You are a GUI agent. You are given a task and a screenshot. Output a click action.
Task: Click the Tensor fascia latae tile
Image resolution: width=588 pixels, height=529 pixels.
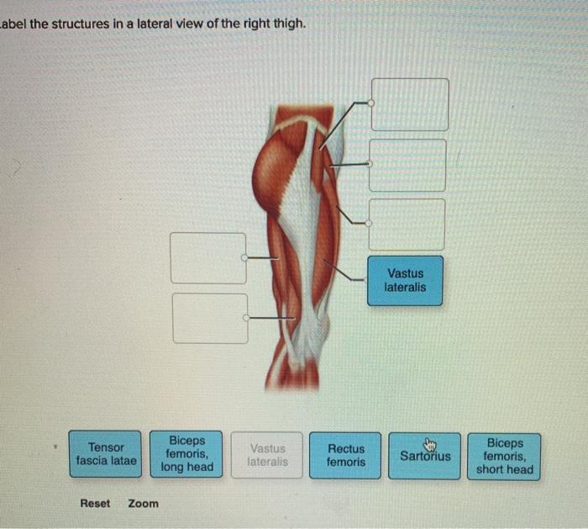coord(105,454)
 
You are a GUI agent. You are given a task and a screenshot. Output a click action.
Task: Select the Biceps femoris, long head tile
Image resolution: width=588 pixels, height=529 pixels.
coord(186,454)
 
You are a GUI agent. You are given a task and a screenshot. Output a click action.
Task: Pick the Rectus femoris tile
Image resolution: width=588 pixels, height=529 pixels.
coord(345,455)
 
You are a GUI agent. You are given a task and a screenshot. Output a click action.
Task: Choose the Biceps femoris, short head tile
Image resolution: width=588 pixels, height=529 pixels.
coord(504,456)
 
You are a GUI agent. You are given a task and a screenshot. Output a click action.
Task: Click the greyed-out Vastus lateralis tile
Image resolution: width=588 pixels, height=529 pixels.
coord(267,455)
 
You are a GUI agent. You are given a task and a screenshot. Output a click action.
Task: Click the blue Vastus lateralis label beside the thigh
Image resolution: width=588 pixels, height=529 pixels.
coord(405,280)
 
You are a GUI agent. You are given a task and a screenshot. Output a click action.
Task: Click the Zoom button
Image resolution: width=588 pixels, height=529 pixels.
coord(143,503)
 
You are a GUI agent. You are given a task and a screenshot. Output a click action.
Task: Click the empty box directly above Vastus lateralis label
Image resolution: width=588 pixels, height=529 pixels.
coord(407,224)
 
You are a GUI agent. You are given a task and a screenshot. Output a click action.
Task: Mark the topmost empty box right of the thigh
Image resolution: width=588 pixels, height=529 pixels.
coord(410,104)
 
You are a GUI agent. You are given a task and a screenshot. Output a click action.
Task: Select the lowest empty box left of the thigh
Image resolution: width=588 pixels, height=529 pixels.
coord(210,318)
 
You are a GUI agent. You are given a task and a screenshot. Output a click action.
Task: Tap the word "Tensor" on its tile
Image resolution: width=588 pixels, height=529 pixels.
coord(106,447)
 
